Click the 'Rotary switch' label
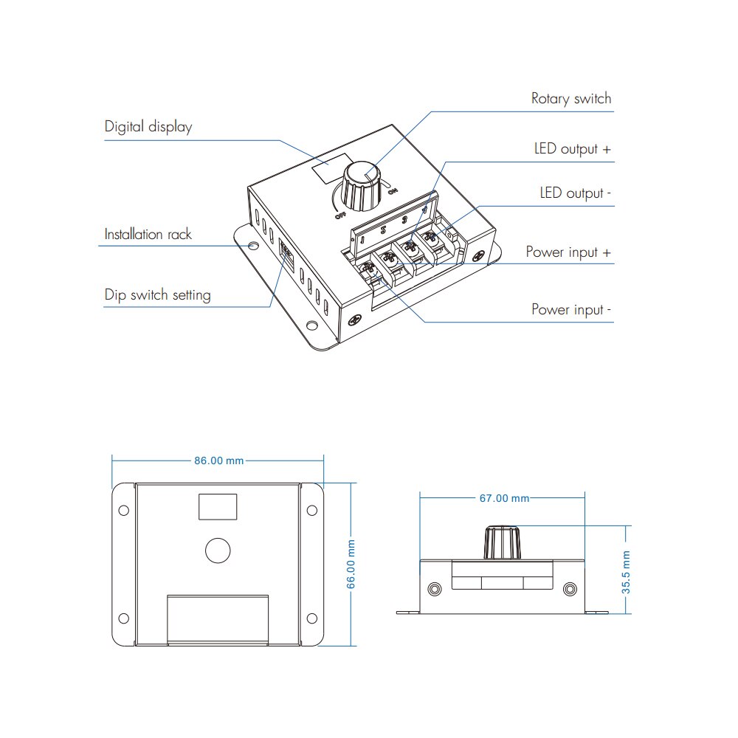pyautogui.click(x=571, y=99)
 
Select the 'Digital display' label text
pyautogui.click(x=148, y=127)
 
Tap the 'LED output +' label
pyautogui.click(x=573, y=149)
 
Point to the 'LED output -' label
pyautogui.click(x=576, y=193)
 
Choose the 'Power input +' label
pyautogui.click(x=568, y=252)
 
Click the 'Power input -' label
pyautogui.click(x=571, y=309)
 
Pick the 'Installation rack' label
pyautogui.click(x=148, y=235)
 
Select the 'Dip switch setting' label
pyautogui.click(x=157, y=295)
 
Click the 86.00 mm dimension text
pyautogui.click(x=218, y=461)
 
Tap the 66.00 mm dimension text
pyautogui.click(x=352, y=564)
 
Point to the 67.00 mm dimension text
pyautogui.click(x=504, y=498)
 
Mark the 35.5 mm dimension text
pyautogui.click(x=626, y=572)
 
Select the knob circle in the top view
pyautogui.click(x=218, y=550)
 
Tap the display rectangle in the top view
pyautogui.click(x=218, y=507)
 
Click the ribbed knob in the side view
pyautogui.click(x=502, y=543)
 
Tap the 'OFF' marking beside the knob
pyautogui.click(x=339, y=215)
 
